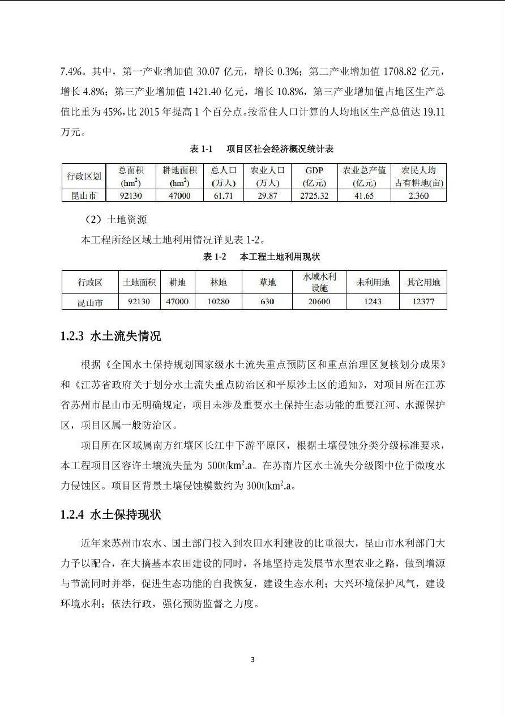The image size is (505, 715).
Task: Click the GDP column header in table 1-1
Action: [x=314, y=176]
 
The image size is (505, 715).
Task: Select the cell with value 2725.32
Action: [x=314, y=195]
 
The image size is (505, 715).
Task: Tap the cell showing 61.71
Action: [x=222, y=195]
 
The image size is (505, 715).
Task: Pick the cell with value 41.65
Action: [x=364, y=195]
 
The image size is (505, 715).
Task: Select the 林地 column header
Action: [x=219, y=282]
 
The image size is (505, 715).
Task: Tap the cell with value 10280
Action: [x=219, y=301]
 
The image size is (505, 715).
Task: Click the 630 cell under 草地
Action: [x=267, y=301]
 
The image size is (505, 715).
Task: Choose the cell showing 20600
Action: [x=319, y=301]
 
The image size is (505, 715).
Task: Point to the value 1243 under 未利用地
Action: [x=373, y=301]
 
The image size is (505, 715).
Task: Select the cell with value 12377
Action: [x=423, y=301]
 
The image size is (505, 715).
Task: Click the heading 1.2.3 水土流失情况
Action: [x=111, y=336]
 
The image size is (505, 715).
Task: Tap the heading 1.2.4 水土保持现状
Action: [x=111, y=514]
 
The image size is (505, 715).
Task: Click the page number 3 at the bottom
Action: [x=252, y=659]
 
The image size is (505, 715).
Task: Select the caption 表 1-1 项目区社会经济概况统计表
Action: [x=262, y=149]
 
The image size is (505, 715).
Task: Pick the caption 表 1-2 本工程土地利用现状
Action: [x=262, y=257]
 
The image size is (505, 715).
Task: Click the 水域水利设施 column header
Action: [x=319, y=282]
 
